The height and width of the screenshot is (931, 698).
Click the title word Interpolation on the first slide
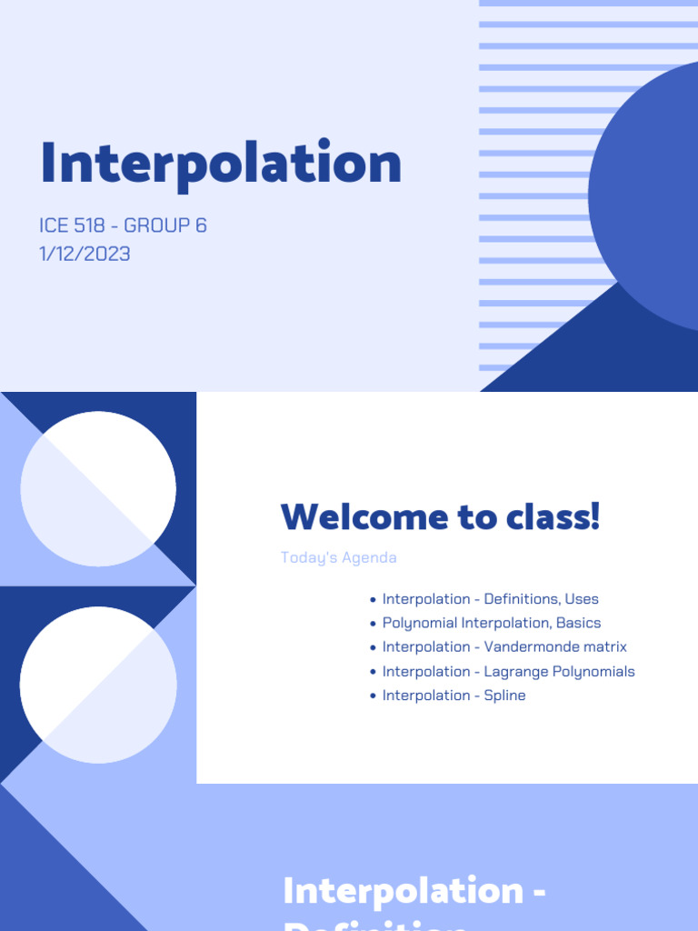tap(221, 164)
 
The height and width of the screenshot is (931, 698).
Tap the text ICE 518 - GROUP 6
tap(124, 225)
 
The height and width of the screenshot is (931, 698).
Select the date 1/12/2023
tap(85, 254)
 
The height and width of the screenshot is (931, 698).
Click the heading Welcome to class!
tap(441, 516)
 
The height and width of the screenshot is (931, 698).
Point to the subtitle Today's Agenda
tap(338, 557)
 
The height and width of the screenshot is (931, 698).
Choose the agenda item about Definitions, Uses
tap(490, 599)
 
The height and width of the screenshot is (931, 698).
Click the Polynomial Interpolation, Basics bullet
tap(491, 623)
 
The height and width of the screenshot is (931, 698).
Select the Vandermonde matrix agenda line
tap(504, 647)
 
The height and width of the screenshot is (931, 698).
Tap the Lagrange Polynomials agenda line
tap(508, 672)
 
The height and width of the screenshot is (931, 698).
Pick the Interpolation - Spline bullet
tap(454, 696)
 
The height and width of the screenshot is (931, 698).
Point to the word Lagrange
tap(515, 672)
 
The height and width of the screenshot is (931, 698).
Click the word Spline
tap(505, 696)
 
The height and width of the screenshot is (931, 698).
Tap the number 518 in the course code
tap(89, 225)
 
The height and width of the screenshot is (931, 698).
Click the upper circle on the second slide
tap(98, 489)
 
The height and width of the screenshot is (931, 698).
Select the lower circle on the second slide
tap(98, 685)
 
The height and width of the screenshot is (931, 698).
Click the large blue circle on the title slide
tap(650, 195)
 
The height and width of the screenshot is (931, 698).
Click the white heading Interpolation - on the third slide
tap(414, 890)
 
